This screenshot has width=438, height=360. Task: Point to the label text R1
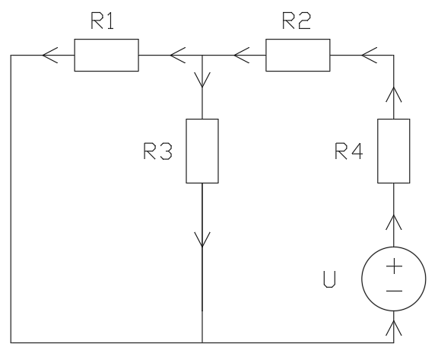tap(102, 21)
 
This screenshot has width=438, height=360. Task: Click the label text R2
tap(296, 21)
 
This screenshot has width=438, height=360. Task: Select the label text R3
tap(158, 151)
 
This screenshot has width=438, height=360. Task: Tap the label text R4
tap(349, 151)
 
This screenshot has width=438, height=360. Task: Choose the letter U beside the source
tap(329, 279)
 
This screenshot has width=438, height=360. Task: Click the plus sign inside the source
tap(394, 266)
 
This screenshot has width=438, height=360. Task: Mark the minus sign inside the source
tap(394, 292)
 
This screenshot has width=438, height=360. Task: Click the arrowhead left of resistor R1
tap(50, 55)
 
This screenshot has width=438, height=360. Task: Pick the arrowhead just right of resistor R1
tap(178, 55)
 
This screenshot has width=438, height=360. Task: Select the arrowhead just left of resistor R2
tap(242, 55)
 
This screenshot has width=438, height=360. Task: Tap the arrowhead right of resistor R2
tap(370, 55)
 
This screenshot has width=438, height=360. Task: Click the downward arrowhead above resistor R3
tap(202, 80)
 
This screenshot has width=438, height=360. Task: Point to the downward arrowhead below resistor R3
tap(202, 240)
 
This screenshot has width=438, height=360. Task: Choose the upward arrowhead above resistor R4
tap(394, 94)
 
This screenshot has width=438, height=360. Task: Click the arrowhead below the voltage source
tap(394, 328)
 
